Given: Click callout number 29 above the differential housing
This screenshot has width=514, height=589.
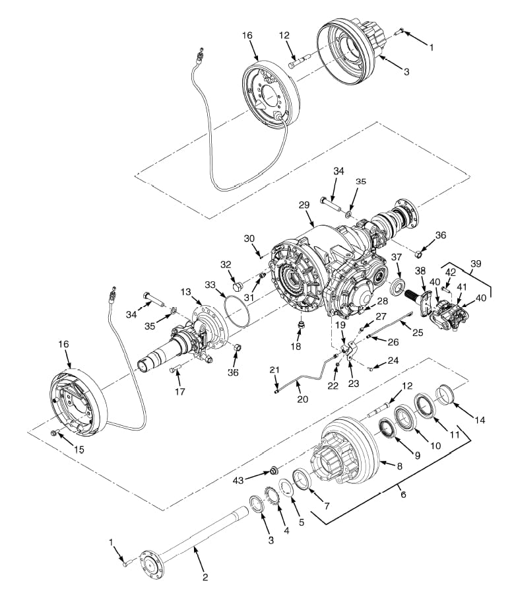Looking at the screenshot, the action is click(304, 205).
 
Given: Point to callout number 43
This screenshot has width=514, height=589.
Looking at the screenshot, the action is click(238, 480).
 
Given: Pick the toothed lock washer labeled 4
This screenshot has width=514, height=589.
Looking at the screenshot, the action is click(273, 496).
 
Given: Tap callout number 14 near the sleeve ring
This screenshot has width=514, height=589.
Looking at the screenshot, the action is click(480, 419).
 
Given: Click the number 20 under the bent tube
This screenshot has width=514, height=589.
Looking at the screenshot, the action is click(303, 399).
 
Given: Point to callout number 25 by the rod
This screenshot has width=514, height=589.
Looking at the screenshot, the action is click(418, 332).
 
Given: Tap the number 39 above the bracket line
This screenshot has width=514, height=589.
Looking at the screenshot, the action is click(476, 263).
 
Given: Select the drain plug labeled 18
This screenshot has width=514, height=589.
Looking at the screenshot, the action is click(300, 326).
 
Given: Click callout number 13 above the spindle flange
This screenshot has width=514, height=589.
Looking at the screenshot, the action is click(185, 292).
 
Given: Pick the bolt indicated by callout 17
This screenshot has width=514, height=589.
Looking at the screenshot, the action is click(176, 369).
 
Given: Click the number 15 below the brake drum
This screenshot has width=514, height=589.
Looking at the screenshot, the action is click(79, 449).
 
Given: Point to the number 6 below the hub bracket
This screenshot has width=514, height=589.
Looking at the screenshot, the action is click(403, 495).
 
